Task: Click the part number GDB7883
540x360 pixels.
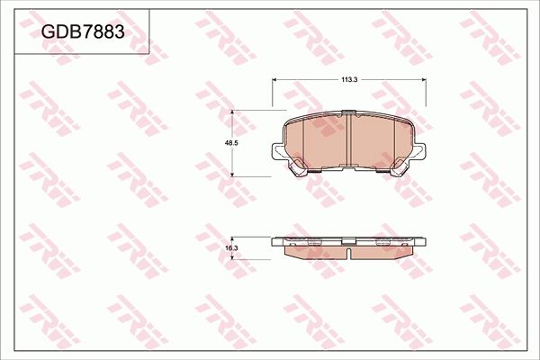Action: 82,31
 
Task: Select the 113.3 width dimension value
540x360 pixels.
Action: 350,80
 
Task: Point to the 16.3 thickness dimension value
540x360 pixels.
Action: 230,248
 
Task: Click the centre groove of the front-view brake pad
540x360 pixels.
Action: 347,140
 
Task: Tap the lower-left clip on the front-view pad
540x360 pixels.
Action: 298,166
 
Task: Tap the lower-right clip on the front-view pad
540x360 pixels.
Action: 397,166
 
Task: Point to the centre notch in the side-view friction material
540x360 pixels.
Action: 347,255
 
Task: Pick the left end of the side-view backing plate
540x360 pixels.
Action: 275,240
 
